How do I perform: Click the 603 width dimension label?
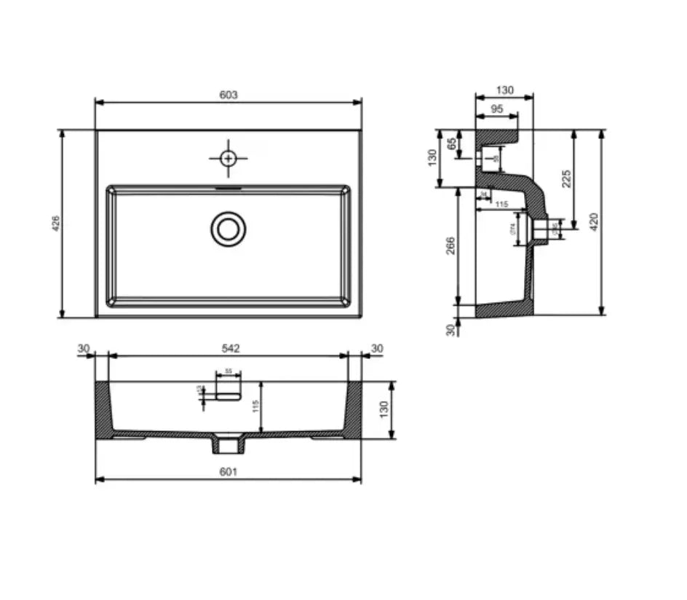(x=229, y=95)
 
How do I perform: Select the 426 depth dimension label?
(x=55, y=224)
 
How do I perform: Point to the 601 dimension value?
(x=228, y=472)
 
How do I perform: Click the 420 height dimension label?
(x=594, y=222)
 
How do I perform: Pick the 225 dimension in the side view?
(x=567, y=178)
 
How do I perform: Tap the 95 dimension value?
(x=497, y=108)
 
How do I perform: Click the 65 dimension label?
(x=452, y=144)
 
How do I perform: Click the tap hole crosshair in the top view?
(x=229, y=157)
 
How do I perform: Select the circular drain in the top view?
(x=229, y=229)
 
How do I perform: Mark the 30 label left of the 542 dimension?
(x=84, y=349)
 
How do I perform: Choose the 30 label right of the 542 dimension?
(x=376, y=349)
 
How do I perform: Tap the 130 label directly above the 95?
(x=504, y=91)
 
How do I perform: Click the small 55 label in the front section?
(x=228, y=371)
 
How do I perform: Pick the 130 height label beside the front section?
(x=385, y=409)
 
